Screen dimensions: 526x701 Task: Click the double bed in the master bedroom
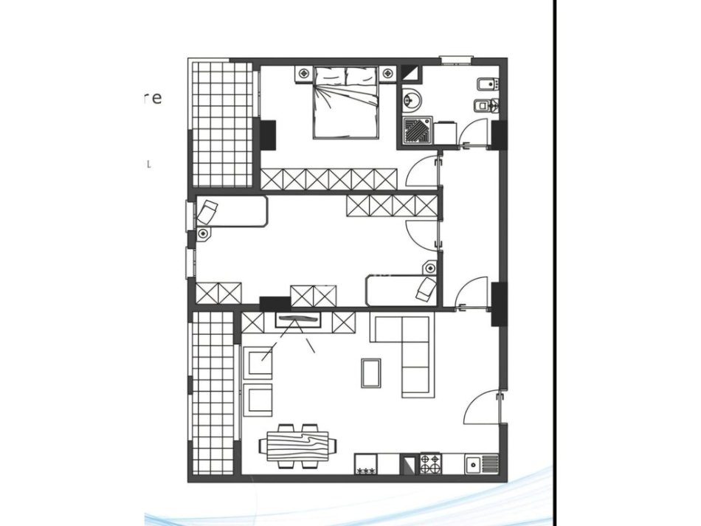[x=346, y=103]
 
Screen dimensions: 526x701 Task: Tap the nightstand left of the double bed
[x=304, y=73]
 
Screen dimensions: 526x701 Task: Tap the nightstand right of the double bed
[x=388, y=73]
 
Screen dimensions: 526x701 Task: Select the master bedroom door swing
[x=421, y=173]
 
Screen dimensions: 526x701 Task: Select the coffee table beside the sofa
[x=371, y=372]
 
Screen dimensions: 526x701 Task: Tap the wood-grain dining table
[x=298, y=445]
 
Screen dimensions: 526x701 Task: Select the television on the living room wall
[x=299, y=319]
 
